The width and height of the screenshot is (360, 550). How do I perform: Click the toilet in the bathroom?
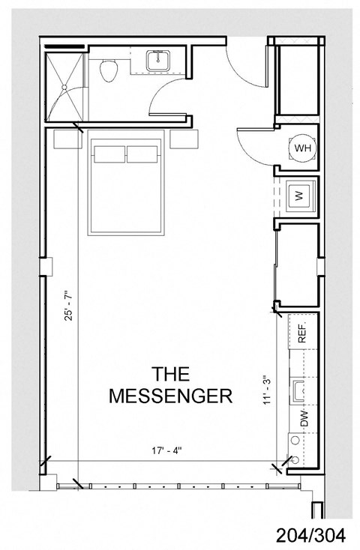tap(109, 71)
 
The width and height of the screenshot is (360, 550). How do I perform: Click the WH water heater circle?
tap(303, 148)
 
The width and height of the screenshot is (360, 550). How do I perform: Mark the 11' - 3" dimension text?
tap(265, 390)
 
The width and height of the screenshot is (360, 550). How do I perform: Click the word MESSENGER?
tap(171, 396)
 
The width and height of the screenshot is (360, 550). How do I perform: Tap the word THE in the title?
tap(171, 372)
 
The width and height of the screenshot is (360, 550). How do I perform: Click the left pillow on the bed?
tap(109, 154)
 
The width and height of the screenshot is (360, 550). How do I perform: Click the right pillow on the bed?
tap(142, 154)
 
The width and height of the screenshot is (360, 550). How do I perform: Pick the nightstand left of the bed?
tap(68, 139)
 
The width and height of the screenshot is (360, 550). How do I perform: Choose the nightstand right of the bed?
tap(184, 139)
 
